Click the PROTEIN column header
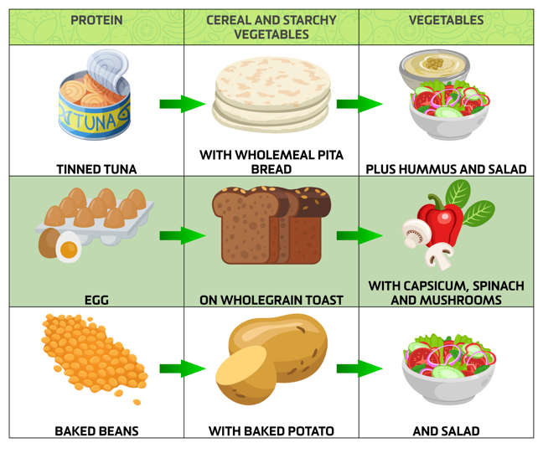[x=96, y=20]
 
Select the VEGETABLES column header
[x=446, y=20]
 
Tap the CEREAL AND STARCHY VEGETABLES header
[x=271, y=27]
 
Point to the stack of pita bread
[x=271, y=95]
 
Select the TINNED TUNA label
[x=96, y=168]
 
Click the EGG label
[x=96, y=299]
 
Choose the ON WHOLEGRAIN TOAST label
[x=271, y=299]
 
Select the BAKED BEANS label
[x=96, y=431]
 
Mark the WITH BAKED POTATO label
[x=271, y=431]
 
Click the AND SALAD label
[x=446, y=431]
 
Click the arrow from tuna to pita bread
[x=182, y=105]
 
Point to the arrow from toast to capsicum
[x=359, y=235]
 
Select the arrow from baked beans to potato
[x=182, y=368]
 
